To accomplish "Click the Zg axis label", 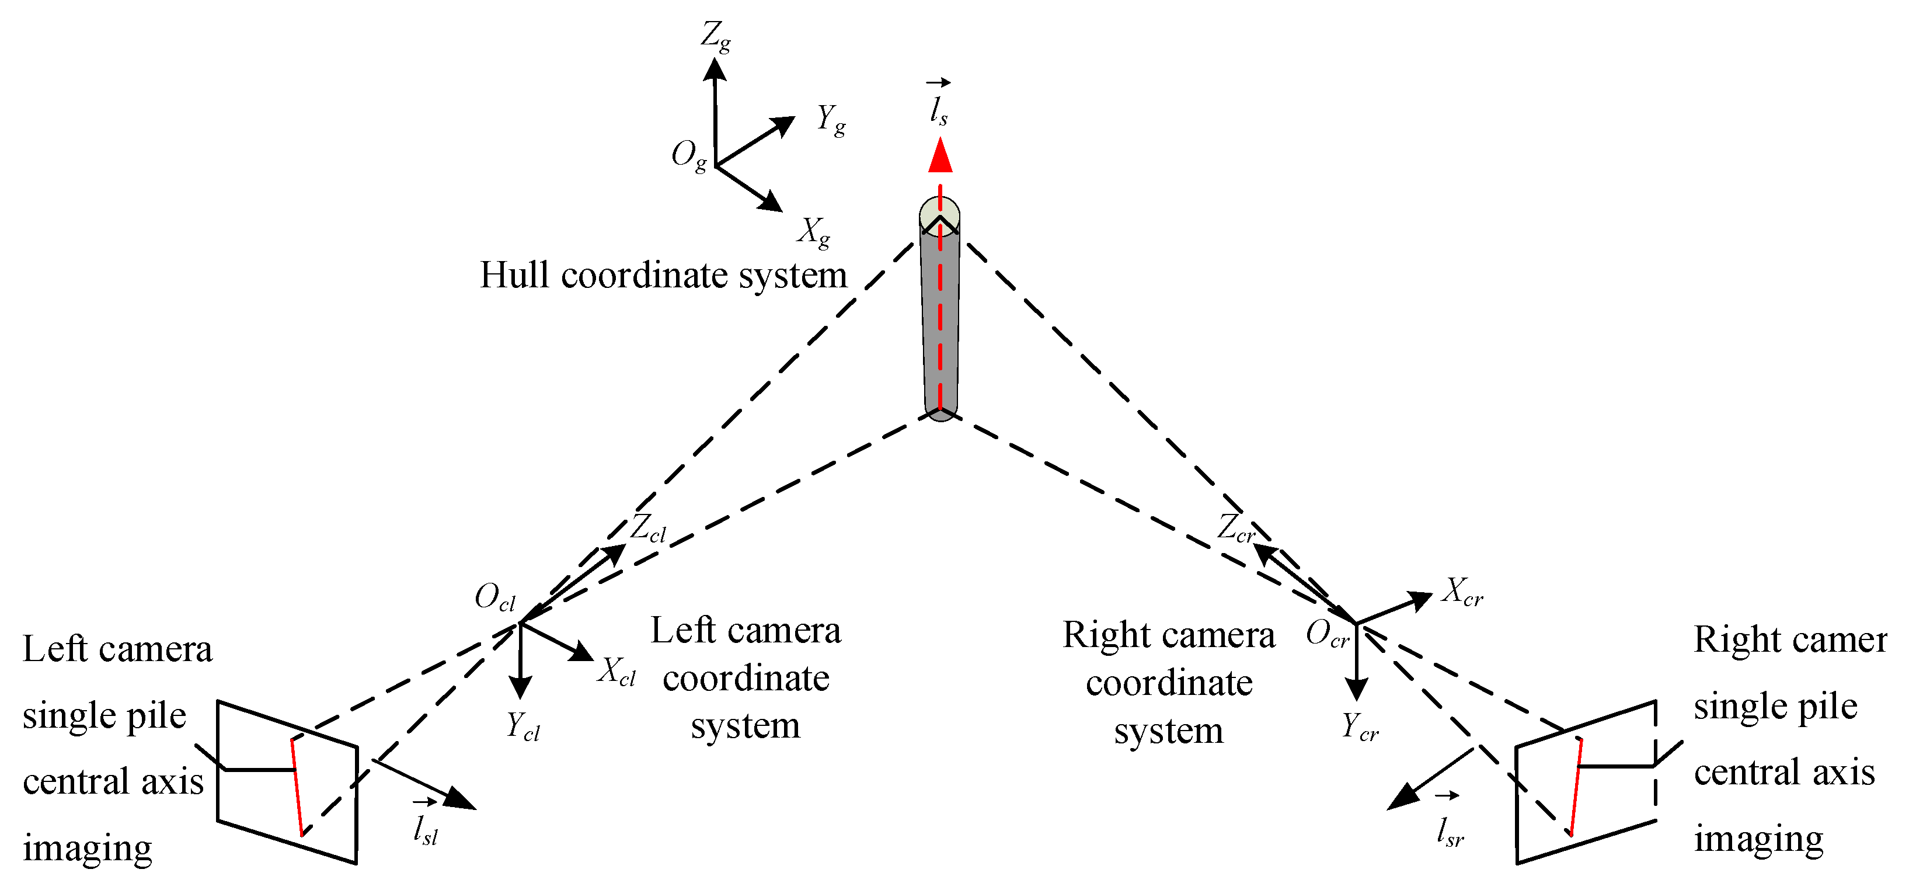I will point(716,36).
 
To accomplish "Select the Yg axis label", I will point(831,120).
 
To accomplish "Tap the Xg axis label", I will point(814,232).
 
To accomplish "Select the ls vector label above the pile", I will point(939,106).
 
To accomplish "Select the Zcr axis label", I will point(1236,529).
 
